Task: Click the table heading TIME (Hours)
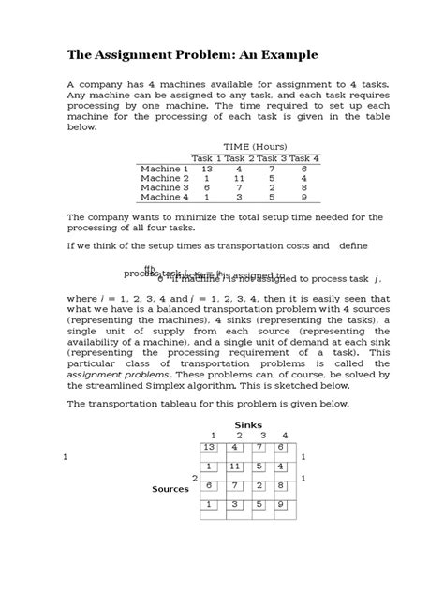tap(255, 146)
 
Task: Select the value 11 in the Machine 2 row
tap(239, 178)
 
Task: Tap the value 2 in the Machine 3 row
tap(272, 187)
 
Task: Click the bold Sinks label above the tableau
tap(248, 425)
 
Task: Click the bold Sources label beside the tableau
tap(170, 489)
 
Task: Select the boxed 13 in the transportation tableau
tap(211, 449)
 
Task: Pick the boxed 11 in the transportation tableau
tap(238, 466)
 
